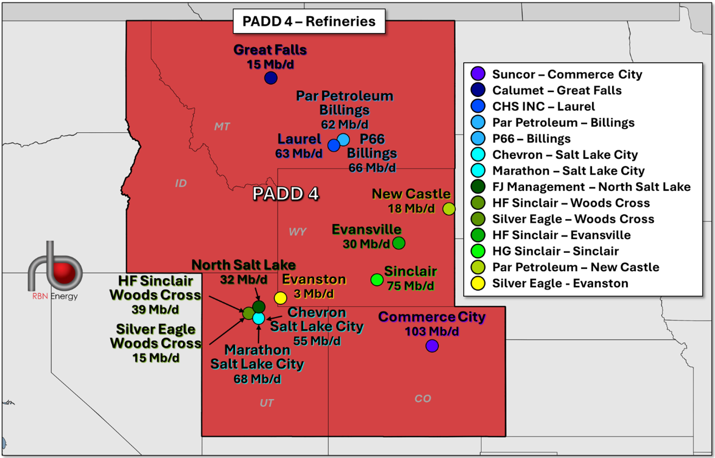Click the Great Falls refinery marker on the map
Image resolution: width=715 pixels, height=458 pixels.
[x=271, y=78]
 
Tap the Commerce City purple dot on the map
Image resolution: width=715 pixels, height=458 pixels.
[x=432, y=346]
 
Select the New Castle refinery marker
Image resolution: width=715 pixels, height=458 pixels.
[x=449, y=209]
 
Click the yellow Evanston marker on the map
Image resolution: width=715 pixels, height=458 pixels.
[x=281, y=298]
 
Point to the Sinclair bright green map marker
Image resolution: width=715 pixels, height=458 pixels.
[x=377, y=279]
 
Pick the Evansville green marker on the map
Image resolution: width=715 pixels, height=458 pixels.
[x=399, y=243]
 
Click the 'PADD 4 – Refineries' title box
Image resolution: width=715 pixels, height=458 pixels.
[x=309, y=21]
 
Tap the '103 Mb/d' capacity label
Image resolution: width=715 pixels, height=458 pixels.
[x=432, y=331]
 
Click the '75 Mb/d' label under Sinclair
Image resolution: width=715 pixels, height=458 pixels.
[x=410, y=286]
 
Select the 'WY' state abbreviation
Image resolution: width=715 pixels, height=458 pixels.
[x=298, y=232]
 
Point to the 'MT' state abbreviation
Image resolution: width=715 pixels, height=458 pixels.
[x=222, y=127]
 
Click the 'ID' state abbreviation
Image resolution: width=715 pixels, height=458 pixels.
[x=181, y=183]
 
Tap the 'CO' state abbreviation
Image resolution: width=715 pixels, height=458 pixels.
[x=423, y=398]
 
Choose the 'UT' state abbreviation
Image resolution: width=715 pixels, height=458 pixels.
[x=266, y=403]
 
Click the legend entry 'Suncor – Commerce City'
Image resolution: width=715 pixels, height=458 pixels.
[x=567, y=74]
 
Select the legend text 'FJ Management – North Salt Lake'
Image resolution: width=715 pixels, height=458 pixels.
[x=591, y=187]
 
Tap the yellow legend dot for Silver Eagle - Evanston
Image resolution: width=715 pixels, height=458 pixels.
[x=478, y=283]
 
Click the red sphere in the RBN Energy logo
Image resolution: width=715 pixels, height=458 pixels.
[x=64, y=273]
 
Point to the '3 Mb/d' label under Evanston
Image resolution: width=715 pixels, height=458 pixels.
[x=314, y=294]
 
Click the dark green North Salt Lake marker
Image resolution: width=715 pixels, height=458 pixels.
[x=259, y=307]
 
